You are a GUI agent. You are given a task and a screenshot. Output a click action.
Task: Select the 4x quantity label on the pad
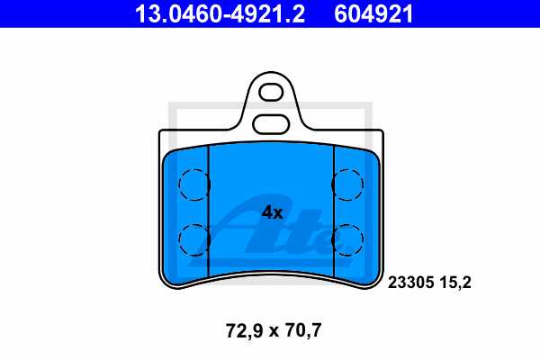pyautogui.click(x=271, y=213)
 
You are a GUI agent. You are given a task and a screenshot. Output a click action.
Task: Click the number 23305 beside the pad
pyautogui.click(x=410, y=282)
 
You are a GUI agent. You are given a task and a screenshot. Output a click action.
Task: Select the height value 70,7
pyautogui.click(x=302, y=331)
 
